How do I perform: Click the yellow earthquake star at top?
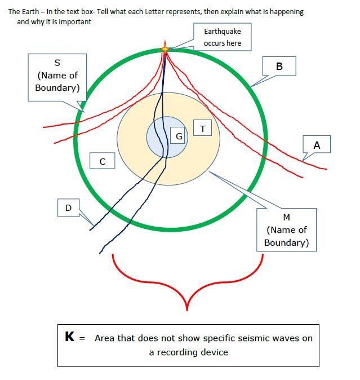tap(165, 49)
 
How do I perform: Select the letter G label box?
tap(179, 136)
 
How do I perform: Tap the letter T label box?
tap(203, 129)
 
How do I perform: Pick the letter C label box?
tap(103, 161)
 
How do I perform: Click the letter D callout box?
tap(69, 207)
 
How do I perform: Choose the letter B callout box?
tap(279, 67)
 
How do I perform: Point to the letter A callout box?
tap(317, 145)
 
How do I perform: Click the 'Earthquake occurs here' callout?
tap(222, 37)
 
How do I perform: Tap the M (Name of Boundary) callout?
tap(286, 229)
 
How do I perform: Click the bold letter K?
tap(70, 337)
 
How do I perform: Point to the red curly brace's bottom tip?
tap(187, 310)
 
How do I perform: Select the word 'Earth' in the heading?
tap(29, 11)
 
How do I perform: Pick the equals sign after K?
tap(82, 338)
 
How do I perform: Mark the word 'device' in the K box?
tap(215, 352)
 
